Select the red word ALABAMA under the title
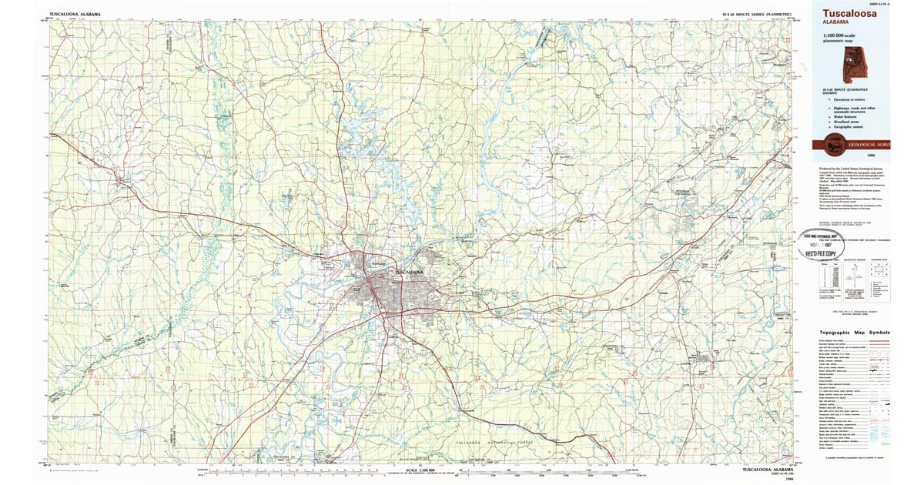(835, 23)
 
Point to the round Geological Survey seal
(834, 143)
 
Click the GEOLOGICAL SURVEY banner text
(869, 145)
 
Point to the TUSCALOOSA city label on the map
(408, 273)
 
